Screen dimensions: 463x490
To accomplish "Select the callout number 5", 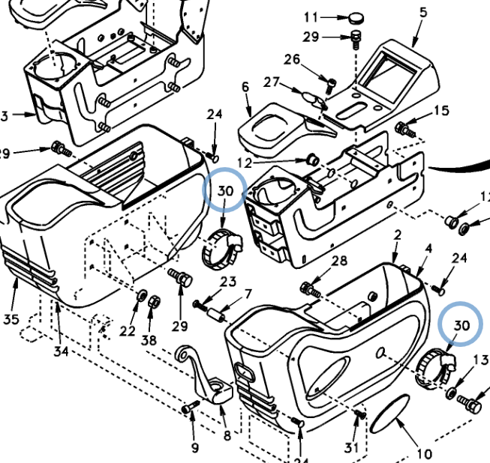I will click(x=423, y=12).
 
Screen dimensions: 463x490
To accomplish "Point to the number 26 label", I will click(x=292, y=59).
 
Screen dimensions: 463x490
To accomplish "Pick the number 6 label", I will click(x=245, y=87).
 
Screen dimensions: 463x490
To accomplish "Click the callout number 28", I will click(x=339, y=261).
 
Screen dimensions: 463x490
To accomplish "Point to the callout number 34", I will click(x=60, y=350).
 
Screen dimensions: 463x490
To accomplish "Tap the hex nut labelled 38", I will click(x=154, y=301).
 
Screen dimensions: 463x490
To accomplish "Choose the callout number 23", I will click(x=228, y=282).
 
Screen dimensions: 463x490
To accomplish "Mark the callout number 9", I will click(x=195, y=447).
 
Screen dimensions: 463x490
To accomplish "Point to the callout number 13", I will click(x=481, y=362).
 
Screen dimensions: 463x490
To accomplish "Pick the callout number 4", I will click(x=428, y=248).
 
